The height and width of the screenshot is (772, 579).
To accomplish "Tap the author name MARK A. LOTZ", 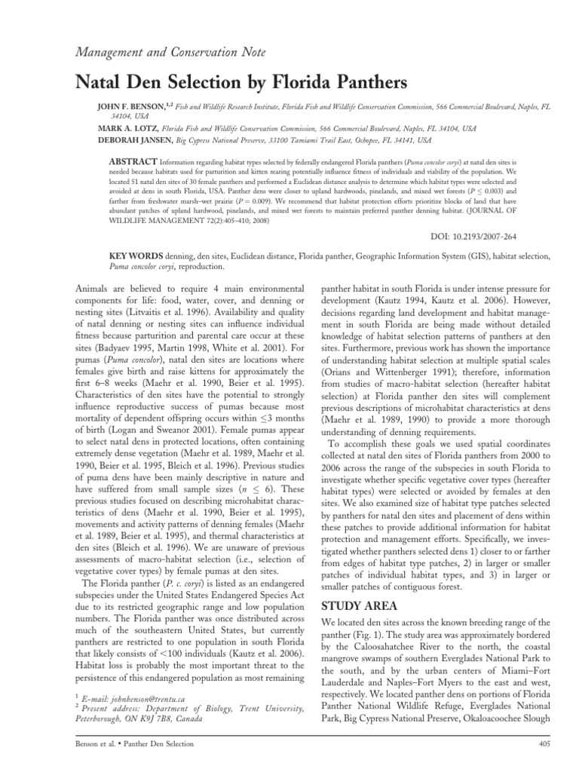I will [126, 129].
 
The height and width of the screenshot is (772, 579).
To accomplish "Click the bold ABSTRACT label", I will [134, 161].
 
